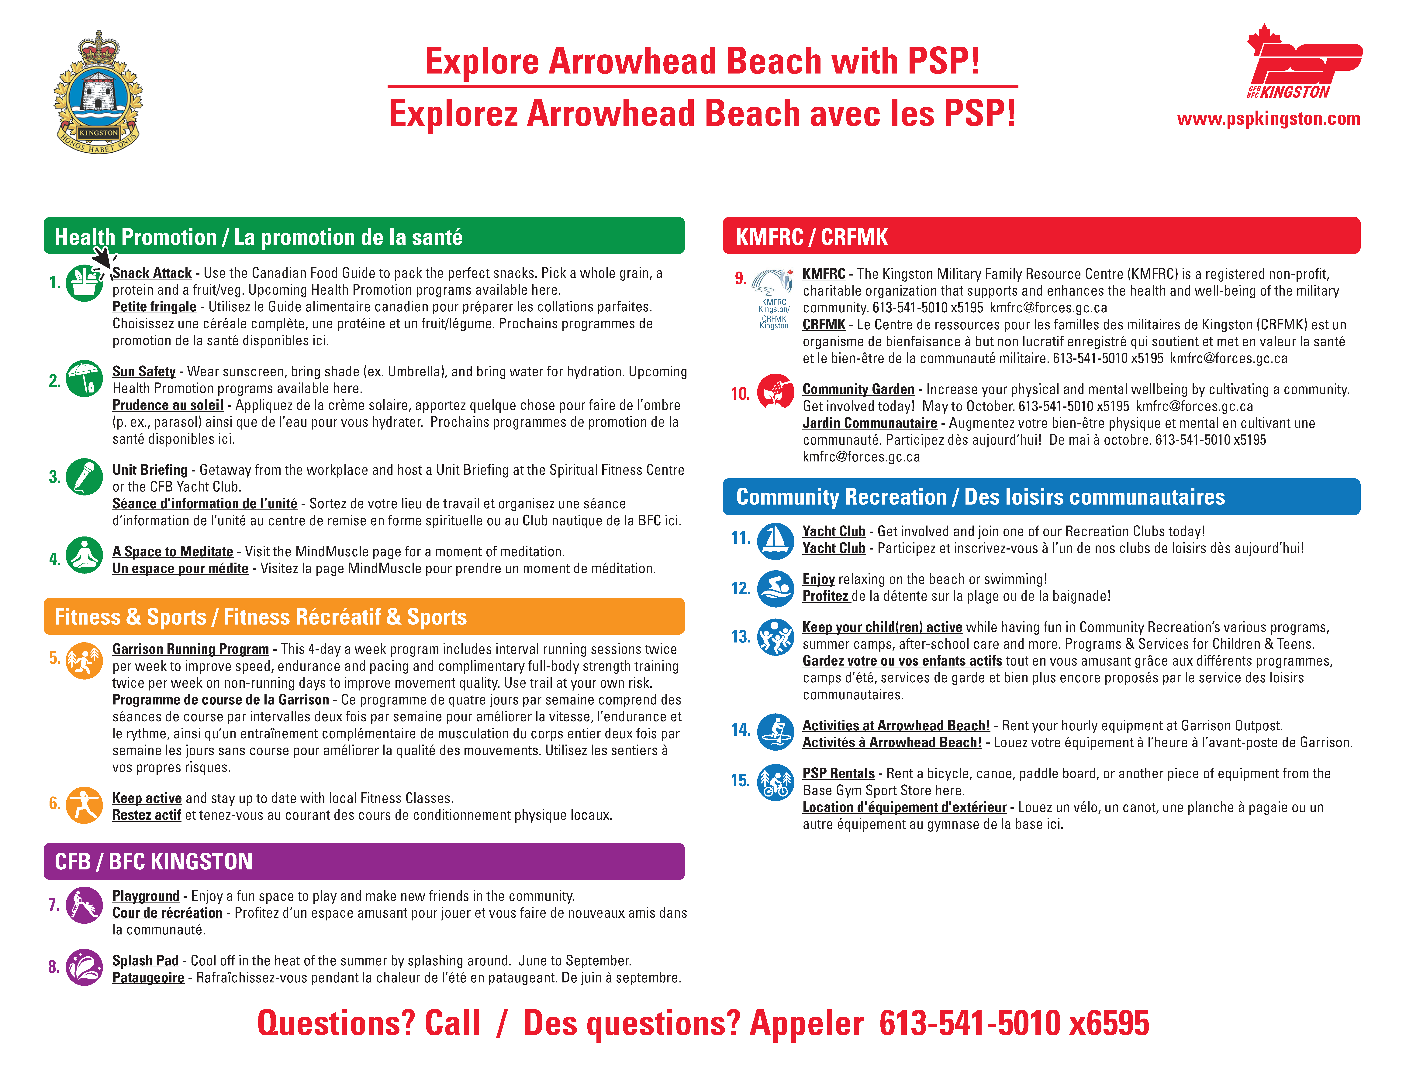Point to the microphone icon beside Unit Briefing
click(84, 477)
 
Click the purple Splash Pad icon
click(84, 967)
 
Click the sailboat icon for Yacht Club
click(775, 540)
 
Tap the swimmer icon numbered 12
click(775, 589)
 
